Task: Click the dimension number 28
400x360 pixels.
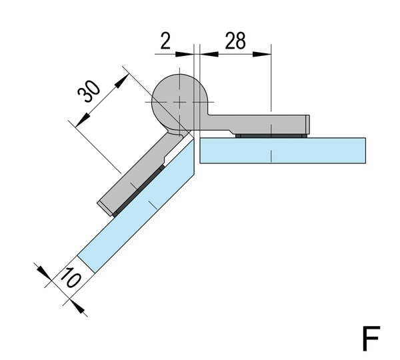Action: tap(233, 41)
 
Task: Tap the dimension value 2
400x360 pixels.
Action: tap(165, 41)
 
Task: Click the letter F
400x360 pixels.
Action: tap(371, 339)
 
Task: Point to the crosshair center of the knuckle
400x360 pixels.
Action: tap(178, 101)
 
